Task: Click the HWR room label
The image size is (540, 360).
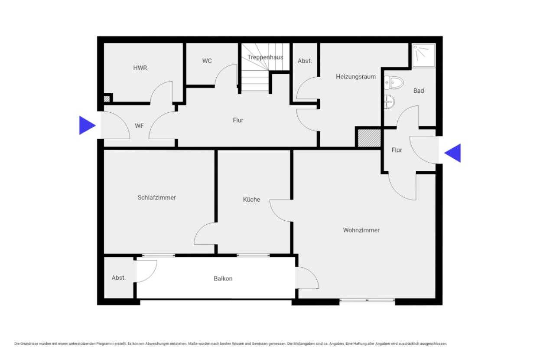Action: [x=140, y=68]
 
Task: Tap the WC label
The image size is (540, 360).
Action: [x=207, y=61]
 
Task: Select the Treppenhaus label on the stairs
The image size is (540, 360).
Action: [x=265, y=57]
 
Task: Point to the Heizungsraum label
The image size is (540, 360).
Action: [x=356, y=77]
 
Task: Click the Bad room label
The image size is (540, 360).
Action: [x=419, y=91]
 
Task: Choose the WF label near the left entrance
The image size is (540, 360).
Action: [x=140, y=126]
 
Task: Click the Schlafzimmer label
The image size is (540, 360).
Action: [x=157, y=198]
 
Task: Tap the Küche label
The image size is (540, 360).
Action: [x=251, y=200]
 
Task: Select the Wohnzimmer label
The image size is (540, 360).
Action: [x=361, y=230]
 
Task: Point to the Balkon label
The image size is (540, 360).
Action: [x=223, y=279]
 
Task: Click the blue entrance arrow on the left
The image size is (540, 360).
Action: [x=87, y=125]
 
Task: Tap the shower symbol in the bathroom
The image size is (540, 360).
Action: [x=423, y=55]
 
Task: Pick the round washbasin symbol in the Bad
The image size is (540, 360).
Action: [x=389, y=101]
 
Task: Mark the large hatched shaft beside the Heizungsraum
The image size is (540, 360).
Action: [x=369, y=138]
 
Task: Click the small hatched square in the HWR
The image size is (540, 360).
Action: [x=107, y=99]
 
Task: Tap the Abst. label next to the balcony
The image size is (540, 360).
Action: [x=119, y=278]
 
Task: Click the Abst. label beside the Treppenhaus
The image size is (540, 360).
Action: [x=305, y=61]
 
